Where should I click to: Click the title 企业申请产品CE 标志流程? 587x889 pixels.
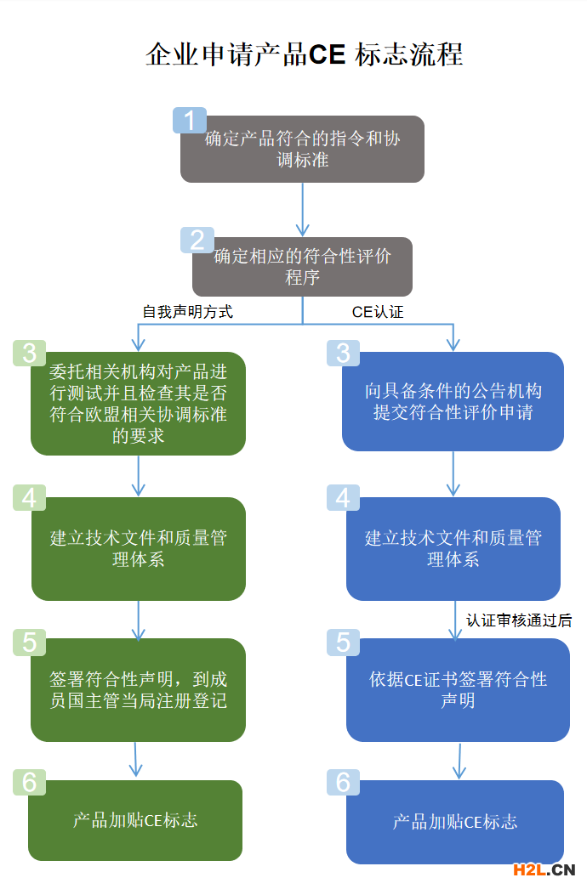pos(304,54)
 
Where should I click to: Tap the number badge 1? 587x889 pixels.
pos(189,121)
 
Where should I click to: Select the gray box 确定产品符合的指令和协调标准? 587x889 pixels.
pos(302,150)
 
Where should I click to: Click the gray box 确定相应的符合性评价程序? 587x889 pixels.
pos(302,267)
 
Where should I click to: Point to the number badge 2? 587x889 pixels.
pos(197,241)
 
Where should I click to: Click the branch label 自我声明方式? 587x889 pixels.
pos(187,312)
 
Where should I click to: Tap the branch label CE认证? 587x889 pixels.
pos(378,312)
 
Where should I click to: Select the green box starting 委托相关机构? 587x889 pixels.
pos(138,404)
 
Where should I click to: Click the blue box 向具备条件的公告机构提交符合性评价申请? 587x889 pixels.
pos(453,401)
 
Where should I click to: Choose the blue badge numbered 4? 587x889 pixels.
pos(343,497)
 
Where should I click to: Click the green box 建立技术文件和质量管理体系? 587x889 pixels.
pos(138,549)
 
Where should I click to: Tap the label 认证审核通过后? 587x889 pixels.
pos(519,620)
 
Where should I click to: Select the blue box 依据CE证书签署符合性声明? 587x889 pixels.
pos(458,690)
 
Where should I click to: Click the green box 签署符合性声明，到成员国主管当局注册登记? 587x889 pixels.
pos(138,690)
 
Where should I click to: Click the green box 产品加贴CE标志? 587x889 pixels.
pos(135,820)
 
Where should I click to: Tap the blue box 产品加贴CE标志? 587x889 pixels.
pos(454,822)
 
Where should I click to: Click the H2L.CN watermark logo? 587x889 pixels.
pos(544,869)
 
